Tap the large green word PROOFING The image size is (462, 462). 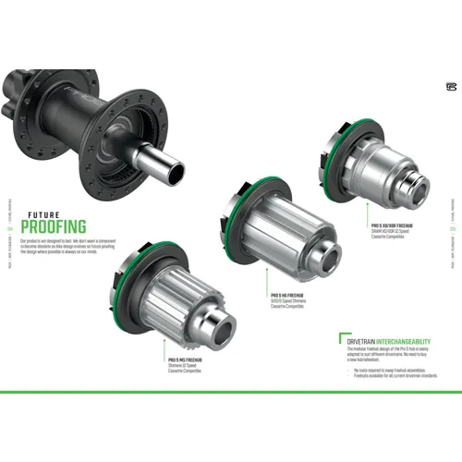pyautogui.click(x=54, y=225)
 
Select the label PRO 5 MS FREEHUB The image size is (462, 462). pyautogui.click(x=188, y=359)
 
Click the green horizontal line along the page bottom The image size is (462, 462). pyautogui.click(x=231, y=392)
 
